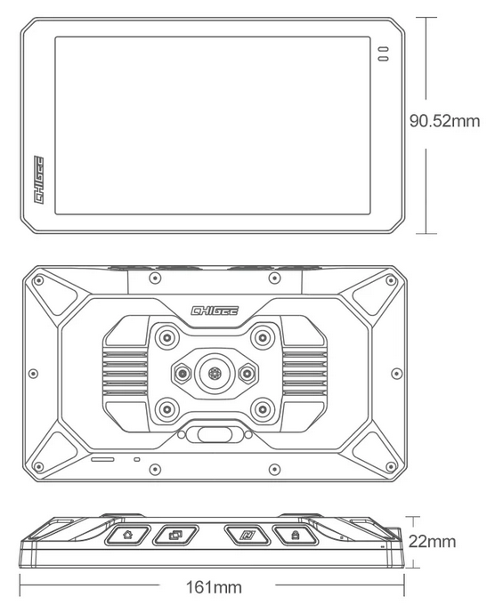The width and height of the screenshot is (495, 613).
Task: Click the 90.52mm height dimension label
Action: [444, 121]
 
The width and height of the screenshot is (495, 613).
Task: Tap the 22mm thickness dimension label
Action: [432, 542]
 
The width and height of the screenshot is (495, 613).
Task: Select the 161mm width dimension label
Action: [214, 587]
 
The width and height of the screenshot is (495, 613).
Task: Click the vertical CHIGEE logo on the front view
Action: [39, 180]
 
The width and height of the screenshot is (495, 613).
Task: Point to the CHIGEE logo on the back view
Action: [215, 311]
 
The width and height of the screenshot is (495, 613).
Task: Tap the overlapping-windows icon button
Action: [175, 535]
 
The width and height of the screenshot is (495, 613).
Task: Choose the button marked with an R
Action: [247, 535]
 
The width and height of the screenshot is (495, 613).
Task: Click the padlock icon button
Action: [295, 535]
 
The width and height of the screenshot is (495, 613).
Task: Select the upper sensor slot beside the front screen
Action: [383, 50]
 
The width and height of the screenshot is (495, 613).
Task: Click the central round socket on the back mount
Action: [214, 373]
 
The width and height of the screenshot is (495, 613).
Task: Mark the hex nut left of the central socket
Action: [183, 374]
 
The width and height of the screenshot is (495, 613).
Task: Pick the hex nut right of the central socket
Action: [247, 374]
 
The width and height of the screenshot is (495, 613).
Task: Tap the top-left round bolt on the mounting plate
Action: [167, 336]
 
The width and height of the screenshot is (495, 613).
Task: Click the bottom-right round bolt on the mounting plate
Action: [262, 410]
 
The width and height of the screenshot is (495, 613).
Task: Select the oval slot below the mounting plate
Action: [214, 434]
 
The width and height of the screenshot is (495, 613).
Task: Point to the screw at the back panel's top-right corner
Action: [391, 280]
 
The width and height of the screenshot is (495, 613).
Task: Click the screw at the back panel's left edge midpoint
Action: [34, 373]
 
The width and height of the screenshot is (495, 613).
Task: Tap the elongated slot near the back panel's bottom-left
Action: [103, 458]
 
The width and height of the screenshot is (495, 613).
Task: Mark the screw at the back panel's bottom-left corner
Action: [38, 466]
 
